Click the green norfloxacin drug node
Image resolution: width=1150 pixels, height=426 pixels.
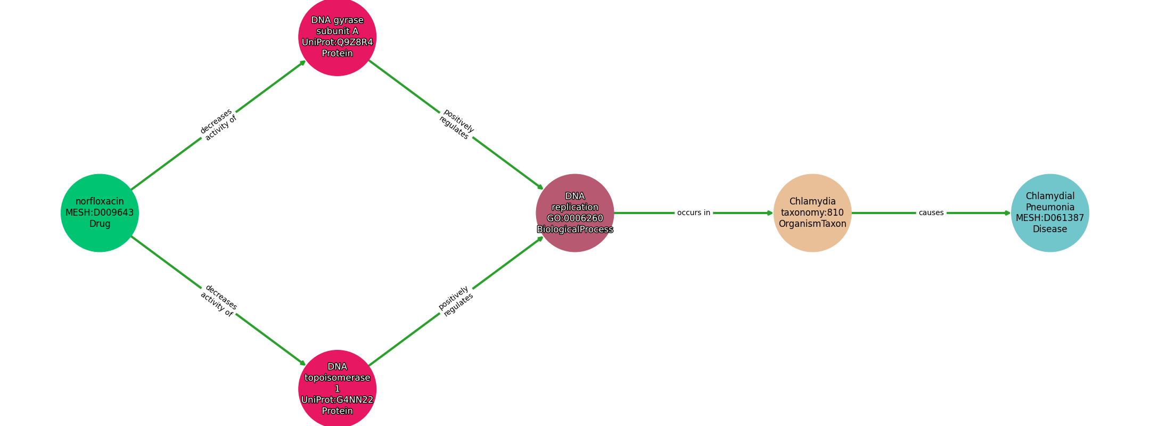click(x=100, y=213)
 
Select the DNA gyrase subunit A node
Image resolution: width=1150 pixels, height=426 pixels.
click(x=338, y=37)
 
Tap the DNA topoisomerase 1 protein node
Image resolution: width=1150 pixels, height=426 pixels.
click(x=338, y=389)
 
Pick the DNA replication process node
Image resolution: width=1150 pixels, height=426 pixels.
click(x=575, y=213)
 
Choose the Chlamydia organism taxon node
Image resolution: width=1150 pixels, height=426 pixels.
click(x=812, y=213)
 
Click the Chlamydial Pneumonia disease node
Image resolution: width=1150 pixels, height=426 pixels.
click(x=1050, y=213)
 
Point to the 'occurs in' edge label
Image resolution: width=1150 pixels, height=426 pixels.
click(x=694, y=213)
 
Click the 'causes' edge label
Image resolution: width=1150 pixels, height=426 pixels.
click(x=931, y=213)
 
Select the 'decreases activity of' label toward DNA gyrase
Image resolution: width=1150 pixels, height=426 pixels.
click(x=218, y=125)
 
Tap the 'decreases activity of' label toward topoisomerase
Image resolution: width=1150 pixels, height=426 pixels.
click(x=218, y=301)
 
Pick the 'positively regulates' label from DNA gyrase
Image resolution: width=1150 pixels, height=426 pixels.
click(x=456, y=125)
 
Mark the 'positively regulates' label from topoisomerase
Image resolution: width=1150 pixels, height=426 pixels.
click(x=456, y=301)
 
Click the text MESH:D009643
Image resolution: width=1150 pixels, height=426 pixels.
click(x=100, y=213)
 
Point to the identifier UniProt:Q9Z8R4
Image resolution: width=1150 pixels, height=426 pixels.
click(x=338, y=43)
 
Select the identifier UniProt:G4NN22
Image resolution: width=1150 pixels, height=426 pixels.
click(x=338, y=400)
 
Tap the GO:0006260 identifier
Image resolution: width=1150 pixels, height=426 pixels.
click(x=575, y=218)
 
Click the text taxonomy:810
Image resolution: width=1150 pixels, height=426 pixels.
click(x=812, y=213)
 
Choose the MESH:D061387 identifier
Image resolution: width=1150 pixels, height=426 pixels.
click(x=1050, y=218)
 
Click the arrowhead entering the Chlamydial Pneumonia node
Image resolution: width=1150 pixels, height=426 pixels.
click(x=1007, y=213)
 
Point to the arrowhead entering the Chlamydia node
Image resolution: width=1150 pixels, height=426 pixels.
click(x=770, y=213)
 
